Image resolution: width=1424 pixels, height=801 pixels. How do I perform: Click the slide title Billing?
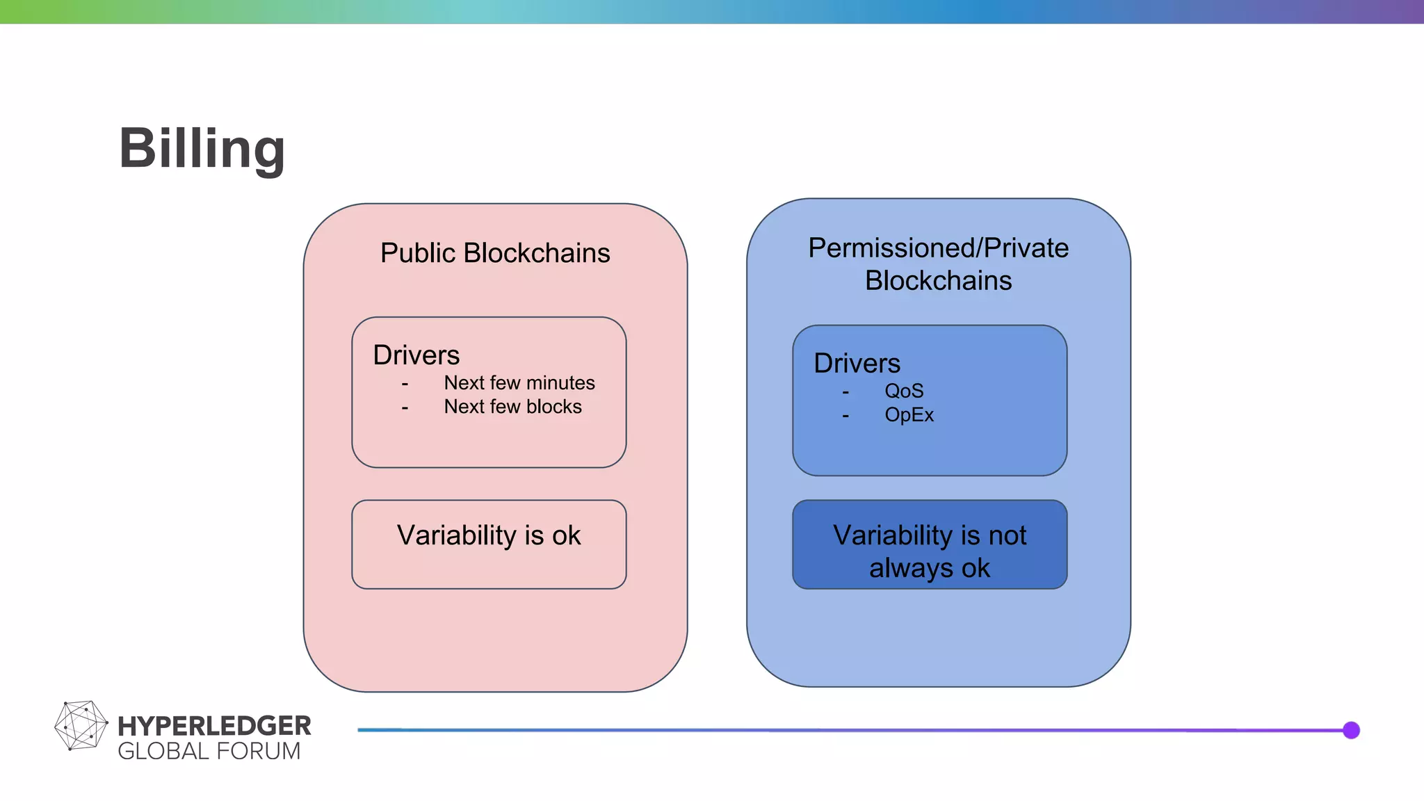point(202,148)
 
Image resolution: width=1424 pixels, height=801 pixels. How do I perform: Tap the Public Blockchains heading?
point(495,253)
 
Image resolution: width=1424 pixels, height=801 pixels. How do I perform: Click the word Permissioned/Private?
point(938,248)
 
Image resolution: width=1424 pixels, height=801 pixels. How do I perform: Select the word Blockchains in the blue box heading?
point(938,281)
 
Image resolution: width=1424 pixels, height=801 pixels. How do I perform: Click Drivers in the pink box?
point(416,355)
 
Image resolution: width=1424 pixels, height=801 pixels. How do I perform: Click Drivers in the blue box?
point(857,364)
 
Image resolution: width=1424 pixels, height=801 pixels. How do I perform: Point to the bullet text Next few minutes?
point(519,383)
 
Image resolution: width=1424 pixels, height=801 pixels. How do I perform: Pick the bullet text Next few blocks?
point(512,407)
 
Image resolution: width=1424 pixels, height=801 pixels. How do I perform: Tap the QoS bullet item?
point(903,391)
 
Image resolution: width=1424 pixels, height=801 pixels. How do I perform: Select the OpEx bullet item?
point(909,415)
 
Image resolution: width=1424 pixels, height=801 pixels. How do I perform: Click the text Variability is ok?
point(489,535)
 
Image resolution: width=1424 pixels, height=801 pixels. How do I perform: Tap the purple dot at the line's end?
point(1351,730)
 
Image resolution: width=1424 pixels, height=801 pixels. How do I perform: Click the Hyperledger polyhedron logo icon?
point(81,726)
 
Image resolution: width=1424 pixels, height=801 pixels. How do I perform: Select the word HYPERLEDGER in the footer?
point(214,726)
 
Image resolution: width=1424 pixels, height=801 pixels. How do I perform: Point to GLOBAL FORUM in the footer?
point(209,752)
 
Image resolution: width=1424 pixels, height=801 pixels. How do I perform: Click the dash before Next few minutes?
point(405,384)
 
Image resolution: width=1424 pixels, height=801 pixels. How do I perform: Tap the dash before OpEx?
point(845,416)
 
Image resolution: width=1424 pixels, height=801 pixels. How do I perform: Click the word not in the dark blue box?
point(1007,535)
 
